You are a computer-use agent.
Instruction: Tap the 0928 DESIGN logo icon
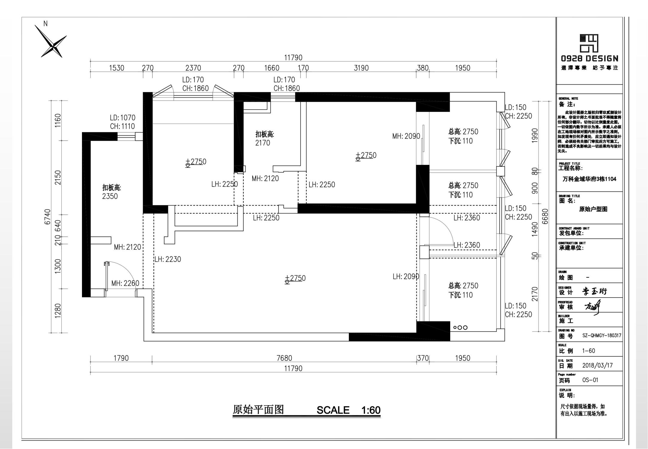pyautogui.click(x=589, y=43)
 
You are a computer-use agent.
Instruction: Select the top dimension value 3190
pyautogui.click(x=361, y=68)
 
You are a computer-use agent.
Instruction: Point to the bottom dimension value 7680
pyautogui.click(x=284, y=358)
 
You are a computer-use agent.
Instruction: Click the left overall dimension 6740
pyautogui.click(x=48, y=217)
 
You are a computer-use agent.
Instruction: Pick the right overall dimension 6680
pyautogui.click(x=545, y=216)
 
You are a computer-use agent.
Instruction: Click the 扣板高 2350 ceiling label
pyautogui.click(x=111, y=192)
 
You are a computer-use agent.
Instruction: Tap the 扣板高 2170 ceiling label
pyautogui.click(x=264, y=139)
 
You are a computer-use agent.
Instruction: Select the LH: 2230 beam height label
pyautogui.click(x=168, y=259)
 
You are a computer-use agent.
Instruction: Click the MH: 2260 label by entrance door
pyautogui.click(x=125, y=283)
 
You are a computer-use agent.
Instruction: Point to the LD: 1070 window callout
pyautogui.click(x=122, y=122)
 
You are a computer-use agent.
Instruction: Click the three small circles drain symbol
pyautogui.click(x=460, y=327)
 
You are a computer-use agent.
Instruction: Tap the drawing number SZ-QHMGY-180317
pyautogui.click(x=602, y=336)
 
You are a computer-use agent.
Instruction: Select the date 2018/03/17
pyautogui.click(x=597, y=365)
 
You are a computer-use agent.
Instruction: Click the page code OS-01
pyautogui.click(x=590, y=380)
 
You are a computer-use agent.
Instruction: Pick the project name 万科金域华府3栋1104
pyautogui.click(x=589, y=179)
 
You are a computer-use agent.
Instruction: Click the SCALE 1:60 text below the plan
pyautogui.click(x=348, y=410)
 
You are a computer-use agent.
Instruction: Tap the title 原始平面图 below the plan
pyautogui.click(x=258, y=410)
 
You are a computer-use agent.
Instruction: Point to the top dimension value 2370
pyautogui.click(x=193, y=68)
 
